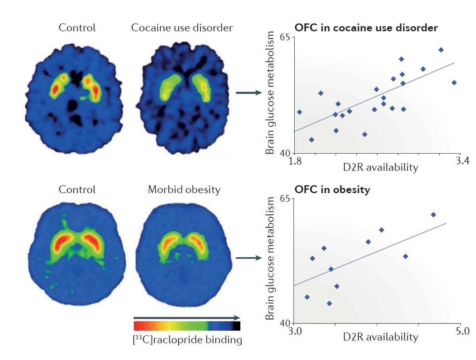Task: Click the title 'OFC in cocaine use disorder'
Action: click(x=366, y=28)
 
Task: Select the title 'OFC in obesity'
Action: click(x=332, y=189)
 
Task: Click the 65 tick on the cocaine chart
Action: click(x=288, y=37)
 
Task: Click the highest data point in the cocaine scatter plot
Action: click(x=441, y=50)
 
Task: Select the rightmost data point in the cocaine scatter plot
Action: click(x=454, y=83)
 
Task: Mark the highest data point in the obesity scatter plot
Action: click(x=434, y=215)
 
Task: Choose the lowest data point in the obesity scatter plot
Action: click(x=329, y=304)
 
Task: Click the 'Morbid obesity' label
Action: click(x=184, y=189)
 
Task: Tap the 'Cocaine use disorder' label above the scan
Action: click(x=182, y=28)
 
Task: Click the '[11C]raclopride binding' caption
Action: click(x=187, y=340)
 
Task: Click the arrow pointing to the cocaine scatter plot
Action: click(x=249, y=93)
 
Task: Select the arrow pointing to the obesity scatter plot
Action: click(x=249, y=258)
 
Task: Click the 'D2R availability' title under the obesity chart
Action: click(x=380, y=337)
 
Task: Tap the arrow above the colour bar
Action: click(x=187, y=318)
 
